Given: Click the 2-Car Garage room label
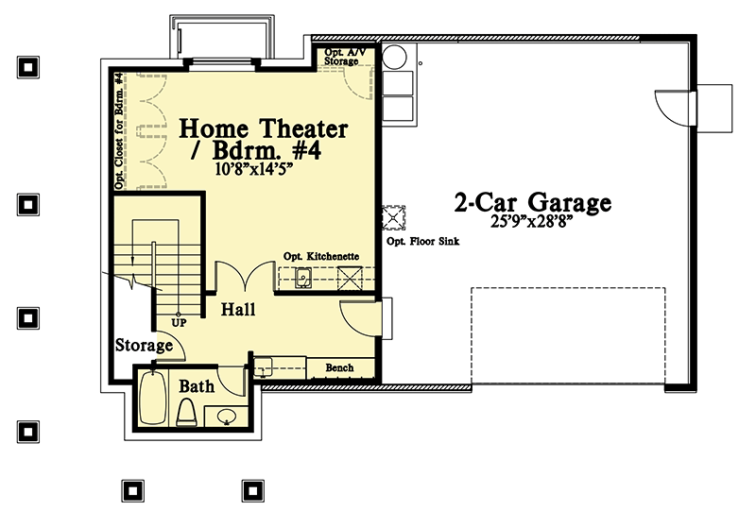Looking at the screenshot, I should pos(532,202).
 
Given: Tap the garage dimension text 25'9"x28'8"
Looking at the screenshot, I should pos(532,226).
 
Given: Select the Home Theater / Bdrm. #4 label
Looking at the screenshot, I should pos(264,139).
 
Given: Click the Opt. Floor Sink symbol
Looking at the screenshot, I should pos(391,218).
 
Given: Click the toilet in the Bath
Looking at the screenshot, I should pos(187,412).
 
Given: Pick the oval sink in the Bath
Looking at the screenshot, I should pos(227,415).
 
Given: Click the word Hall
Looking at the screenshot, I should pos(238,309).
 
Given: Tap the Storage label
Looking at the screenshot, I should pos(144,346).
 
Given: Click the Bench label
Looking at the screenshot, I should pos(338,367).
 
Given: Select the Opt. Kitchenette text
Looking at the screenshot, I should pos(320,257).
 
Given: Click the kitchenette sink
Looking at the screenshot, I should pos(304,278).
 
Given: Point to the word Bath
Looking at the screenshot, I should pos(197,386).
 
